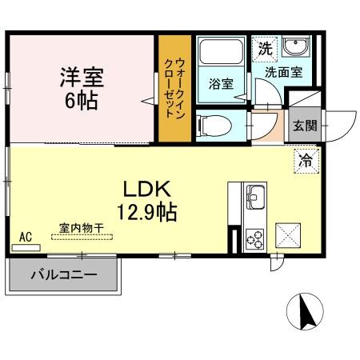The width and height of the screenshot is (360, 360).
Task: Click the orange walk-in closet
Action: (172, 89)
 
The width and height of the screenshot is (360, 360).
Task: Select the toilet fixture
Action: (211, 125)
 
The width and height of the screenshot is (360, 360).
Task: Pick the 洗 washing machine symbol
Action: (265, 47)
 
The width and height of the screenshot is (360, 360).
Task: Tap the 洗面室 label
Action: (284, 72)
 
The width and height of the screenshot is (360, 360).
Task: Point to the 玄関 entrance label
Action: (303, 125)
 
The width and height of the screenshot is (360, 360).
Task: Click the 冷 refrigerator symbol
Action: (306, 160)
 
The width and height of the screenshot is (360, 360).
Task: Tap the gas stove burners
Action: (256, 237)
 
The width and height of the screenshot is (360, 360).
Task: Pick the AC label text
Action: (25, 236)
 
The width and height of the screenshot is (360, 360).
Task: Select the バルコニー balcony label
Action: (64, 276)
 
